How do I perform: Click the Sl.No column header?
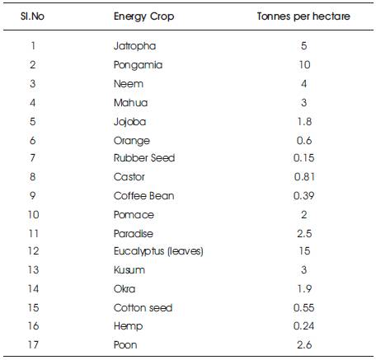(32, 16)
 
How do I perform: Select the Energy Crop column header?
(143, 16)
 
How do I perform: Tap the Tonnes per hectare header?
(303, 16)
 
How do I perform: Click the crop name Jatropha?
(134, 46)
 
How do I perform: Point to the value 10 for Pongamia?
(304, 65)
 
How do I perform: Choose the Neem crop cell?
(129, 84)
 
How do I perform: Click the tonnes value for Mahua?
(303, 103)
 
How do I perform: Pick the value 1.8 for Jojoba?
(304, 122)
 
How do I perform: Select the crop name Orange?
(132, 141)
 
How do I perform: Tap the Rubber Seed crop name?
(144, 158)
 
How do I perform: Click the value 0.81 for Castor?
(304, 177)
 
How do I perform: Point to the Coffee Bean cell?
(143, 196)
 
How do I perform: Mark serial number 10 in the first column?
(33, 215)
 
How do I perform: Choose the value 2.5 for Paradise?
(304, 234)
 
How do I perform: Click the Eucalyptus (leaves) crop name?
(158, 251)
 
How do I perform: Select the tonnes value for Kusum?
(303, 270)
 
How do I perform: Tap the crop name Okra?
(125, 289)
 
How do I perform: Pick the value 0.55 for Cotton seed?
(303, 308)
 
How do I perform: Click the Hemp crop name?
(128, 326)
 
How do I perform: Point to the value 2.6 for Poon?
(304, 345)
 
